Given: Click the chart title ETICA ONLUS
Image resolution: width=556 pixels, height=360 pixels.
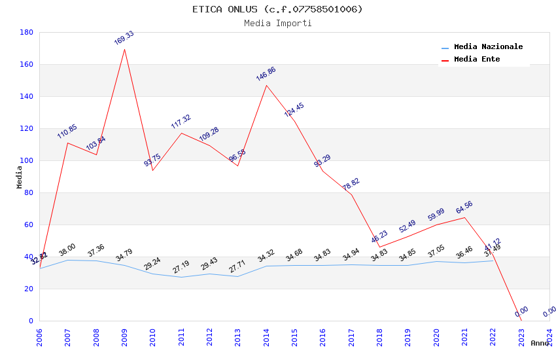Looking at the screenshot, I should click(x=277, y=9).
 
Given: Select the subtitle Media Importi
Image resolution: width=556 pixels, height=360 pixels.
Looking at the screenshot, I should click(x=277, y=23).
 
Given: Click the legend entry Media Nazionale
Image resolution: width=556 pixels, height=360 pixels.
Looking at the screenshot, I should click(x=488, y=47).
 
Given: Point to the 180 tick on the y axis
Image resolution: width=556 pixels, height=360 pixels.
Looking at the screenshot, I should click(x=27, y=32).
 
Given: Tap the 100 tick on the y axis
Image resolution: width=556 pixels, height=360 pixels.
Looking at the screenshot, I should click(x=27, y=160).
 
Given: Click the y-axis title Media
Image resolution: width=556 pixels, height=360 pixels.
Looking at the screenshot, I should click(x=20, y=177).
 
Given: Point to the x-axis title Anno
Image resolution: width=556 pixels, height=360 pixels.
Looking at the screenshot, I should click(x=540, y=343).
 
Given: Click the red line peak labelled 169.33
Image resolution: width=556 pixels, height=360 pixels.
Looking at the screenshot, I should click(x=124, y=49).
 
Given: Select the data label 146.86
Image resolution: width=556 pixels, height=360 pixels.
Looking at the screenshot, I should click(x=266, y=73).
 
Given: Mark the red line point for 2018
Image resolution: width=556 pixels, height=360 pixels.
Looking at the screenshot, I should click(x=379, y=247).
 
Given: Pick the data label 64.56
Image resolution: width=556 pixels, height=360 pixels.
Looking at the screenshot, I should click(x=464, y=207).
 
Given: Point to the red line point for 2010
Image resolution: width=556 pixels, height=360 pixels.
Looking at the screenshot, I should click(x=153, y=171).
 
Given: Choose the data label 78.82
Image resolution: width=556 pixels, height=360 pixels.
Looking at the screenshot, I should click(x=351, y=185).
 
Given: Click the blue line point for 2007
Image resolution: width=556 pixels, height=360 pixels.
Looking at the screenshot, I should click(x=67, y=260).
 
